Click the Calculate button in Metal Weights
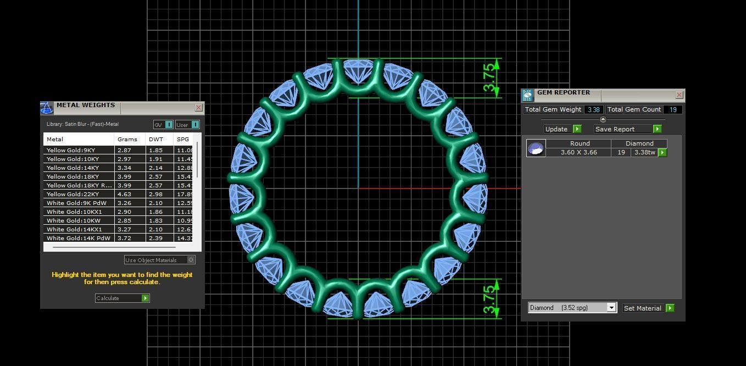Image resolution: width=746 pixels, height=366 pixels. point(122,298)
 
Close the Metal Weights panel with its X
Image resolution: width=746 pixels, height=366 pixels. point(198,108)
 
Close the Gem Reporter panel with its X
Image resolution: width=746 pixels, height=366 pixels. point(679,95)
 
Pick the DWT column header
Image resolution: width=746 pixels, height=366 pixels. point(154,140)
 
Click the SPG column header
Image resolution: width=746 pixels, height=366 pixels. point(182,140)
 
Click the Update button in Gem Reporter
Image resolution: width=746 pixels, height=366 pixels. point(562,129)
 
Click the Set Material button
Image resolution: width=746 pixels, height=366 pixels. point(648,308)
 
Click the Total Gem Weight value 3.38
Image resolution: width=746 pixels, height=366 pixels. point(593,109)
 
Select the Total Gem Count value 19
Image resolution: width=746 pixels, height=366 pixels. point(672,109)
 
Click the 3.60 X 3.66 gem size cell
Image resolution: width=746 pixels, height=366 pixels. point(578,152)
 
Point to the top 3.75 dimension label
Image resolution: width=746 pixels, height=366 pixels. point(488,78)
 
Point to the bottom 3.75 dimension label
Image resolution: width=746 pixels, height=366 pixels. point(488,298)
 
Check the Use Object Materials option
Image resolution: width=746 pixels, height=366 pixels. point(191,260)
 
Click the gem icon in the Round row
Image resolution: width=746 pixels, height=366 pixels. point(536,148)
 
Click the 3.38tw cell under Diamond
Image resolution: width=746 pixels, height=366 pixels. point(644,152)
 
